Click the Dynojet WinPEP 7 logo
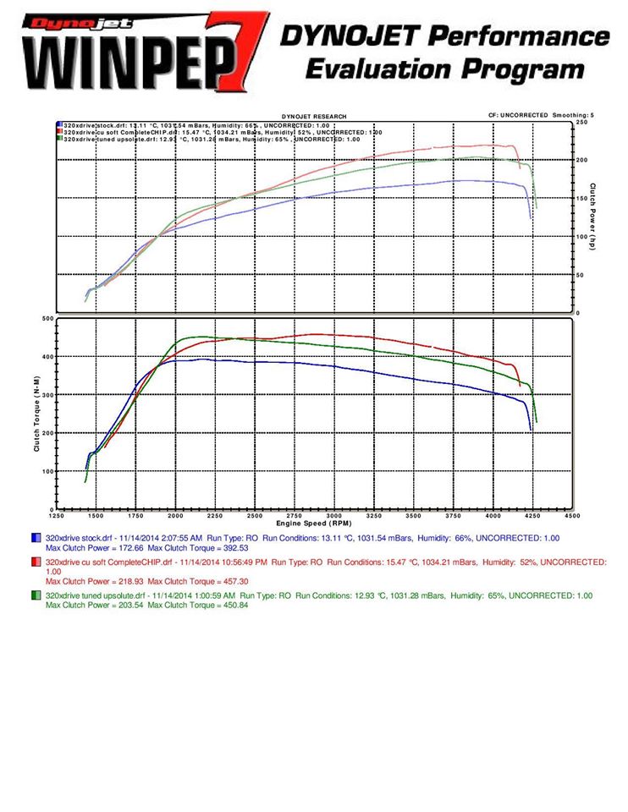point(135,52)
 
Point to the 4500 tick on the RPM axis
point(572,515)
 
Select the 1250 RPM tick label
point(56,515)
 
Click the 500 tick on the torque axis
point(48,319)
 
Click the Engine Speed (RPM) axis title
point(313,524)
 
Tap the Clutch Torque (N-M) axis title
point(37,414)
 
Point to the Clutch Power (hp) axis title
point(593,217)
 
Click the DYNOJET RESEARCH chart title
point(314,117)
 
